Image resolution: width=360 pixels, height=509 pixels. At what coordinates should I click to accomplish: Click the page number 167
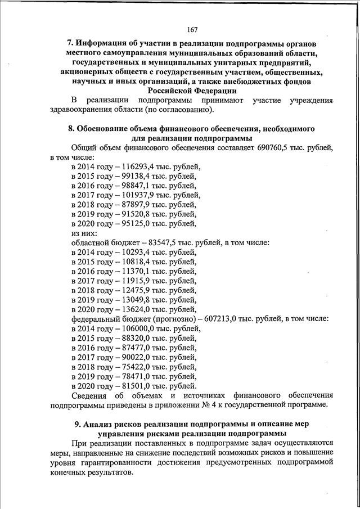tap(192, 29)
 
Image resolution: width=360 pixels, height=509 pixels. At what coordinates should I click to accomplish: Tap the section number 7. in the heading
tap(71, 43)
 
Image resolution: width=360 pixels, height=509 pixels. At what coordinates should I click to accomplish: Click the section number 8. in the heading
tap(71, 128)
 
